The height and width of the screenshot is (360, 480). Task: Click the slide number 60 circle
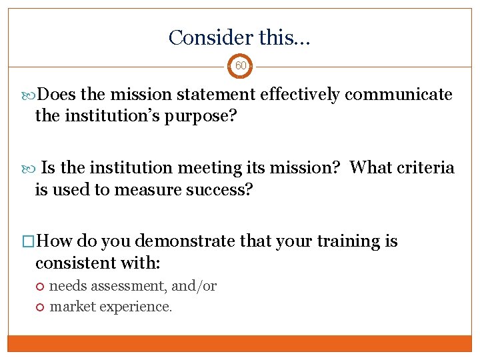(x=240, y=66)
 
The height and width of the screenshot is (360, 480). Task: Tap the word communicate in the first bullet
(x=398, y=95)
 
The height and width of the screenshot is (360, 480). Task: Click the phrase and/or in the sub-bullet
(x=194, y=286)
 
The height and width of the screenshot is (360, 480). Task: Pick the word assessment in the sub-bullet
(x=127, y=286)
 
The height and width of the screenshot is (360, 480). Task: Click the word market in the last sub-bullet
(x=70, y=307)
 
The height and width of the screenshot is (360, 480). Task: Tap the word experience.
(x=133, y=307)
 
